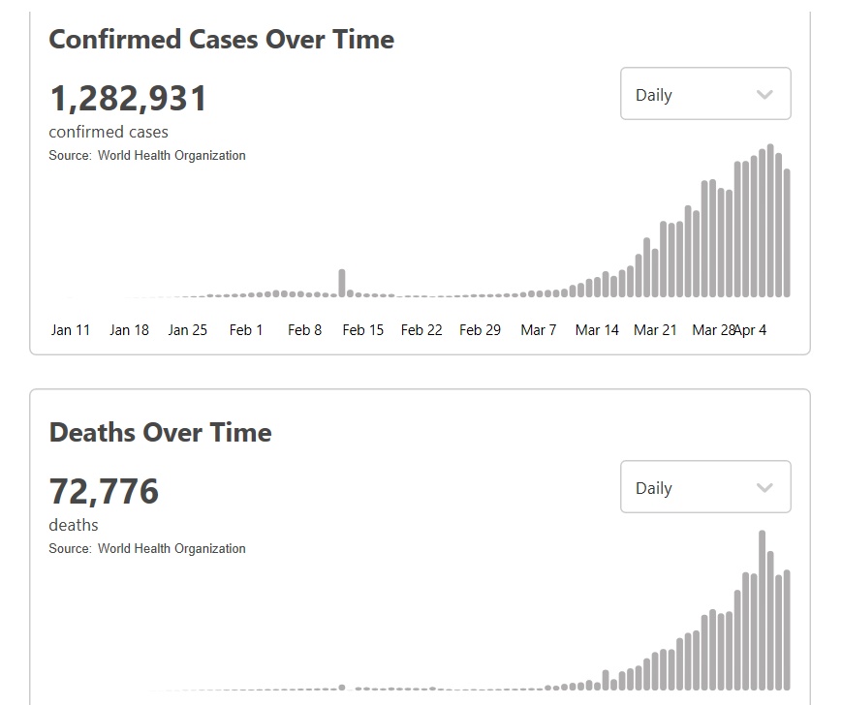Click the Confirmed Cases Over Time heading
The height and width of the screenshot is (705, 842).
coord(221,40)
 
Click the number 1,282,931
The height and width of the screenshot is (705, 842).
coord(128,99)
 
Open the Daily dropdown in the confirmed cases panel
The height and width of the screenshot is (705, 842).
coord(705,94)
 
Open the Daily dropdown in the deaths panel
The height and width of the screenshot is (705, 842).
coord(705,487)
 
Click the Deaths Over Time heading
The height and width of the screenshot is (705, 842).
coord(160,432)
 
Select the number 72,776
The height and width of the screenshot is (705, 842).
coord(104,491)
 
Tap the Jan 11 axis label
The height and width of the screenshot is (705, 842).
coord(71,330)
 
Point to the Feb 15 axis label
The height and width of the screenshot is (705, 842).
coord(363,330)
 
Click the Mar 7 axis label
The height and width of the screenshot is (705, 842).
coord(539,330)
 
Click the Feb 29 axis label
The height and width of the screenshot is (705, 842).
coord(480,330)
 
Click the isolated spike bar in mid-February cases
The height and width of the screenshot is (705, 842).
coord(341,283)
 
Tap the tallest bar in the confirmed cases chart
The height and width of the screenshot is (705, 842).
coord(770,221)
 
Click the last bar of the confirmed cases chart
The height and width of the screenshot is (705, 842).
coord(787,233)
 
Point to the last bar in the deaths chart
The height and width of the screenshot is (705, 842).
coord(787,629)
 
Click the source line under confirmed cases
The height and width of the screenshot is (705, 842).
coord(147,155)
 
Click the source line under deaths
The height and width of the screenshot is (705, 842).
coord(147,548)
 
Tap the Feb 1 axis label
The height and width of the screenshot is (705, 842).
coord(246,330)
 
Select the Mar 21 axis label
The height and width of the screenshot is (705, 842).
coord(655,330)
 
